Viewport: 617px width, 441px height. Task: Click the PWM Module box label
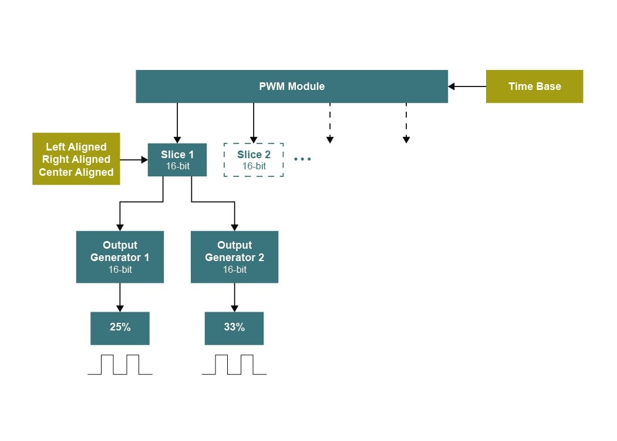(292, 86)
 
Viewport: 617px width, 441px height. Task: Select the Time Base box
(534, 86)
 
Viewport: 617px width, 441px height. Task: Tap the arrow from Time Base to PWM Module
(467, 86)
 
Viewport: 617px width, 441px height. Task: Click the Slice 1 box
(177, 160)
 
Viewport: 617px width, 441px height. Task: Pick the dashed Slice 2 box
(254, 160)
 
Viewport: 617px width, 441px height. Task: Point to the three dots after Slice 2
(302, 159)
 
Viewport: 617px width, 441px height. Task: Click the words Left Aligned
(76, 147)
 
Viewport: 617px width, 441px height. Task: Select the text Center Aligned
(76, 172)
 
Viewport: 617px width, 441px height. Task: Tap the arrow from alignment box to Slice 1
(134, 159)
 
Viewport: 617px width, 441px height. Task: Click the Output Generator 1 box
(120, 257)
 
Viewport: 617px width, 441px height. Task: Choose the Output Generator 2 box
(234, 257)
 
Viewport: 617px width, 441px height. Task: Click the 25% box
(120, 328)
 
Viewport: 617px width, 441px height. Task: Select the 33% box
(234, 328)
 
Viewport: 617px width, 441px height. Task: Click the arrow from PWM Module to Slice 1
(177, 123)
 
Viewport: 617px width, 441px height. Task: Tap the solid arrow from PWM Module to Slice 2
(254, 123)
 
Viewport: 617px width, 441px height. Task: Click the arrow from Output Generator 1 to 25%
(120, 298)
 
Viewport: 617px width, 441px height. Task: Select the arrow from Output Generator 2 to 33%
(234, 298)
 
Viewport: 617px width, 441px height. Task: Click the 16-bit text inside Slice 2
(254, 166)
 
